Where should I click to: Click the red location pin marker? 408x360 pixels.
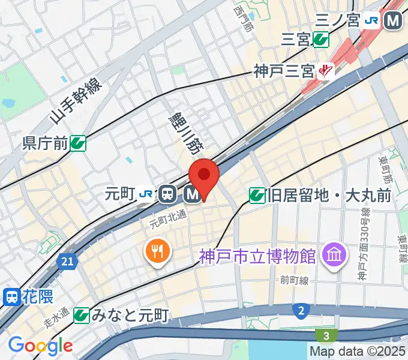point(204,176)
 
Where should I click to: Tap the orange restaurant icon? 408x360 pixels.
point(158,251)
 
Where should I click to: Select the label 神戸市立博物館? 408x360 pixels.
point(258,256)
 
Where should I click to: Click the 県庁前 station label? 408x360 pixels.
point(44,143)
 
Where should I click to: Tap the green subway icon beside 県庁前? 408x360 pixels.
point(78,143)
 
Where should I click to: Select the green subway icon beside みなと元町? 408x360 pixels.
point(82,314)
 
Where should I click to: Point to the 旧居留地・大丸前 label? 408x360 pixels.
point(329,194)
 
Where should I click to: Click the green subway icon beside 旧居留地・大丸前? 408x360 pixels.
point(257,194)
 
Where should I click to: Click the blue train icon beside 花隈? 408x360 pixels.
point(11,296)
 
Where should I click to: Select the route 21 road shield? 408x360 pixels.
point(67,261)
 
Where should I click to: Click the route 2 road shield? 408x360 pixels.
point(301,310)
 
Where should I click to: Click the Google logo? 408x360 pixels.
point(40,346)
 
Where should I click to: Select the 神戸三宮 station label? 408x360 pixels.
point(284,72)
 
